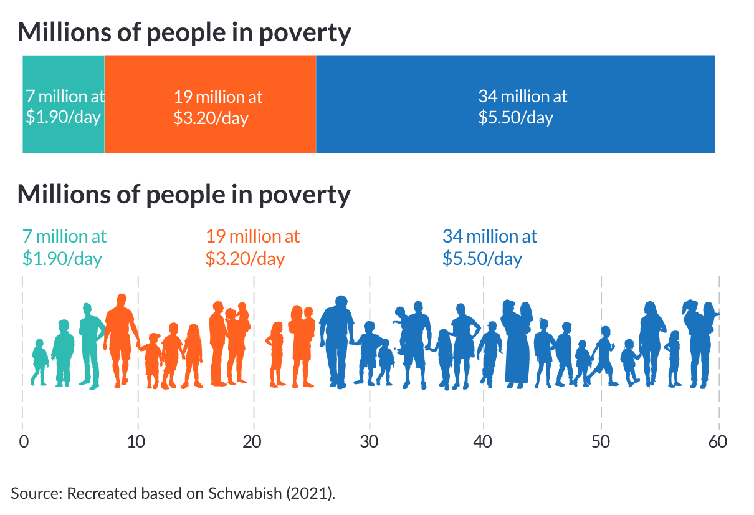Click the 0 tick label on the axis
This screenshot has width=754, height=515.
(23, 441)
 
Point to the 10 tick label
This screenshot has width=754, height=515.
(137, 441)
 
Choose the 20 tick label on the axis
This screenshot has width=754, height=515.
(252, 441)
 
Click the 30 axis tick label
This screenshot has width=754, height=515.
(370, 441)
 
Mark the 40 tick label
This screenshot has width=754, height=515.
(484, 441)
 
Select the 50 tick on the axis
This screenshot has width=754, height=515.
(601, 441)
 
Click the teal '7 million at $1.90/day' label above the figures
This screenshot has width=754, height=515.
(64, 247)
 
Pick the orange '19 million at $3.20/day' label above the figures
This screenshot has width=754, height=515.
(252, 247)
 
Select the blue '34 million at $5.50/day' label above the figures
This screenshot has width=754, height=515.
(489, 247)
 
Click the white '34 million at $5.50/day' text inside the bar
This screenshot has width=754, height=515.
(522, 107)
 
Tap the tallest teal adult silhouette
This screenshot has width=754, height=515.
(91, 346)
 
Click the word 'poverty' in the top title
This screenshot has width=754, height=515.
(305, 32)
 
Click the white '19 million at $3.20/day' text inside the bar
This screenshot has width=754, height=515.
(217, 107)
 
